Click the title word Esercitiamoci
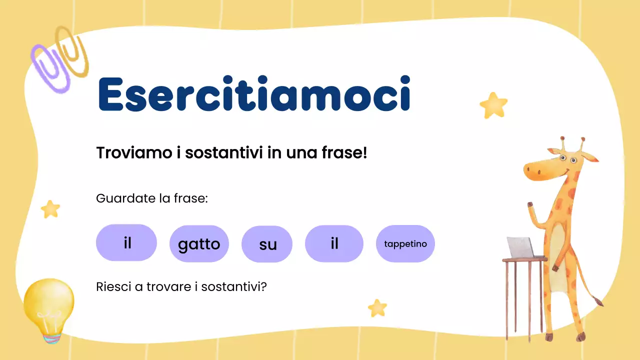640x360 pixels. pyautogui.click(x=254, y=94)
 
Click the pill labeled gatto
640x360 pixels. pyautogui.click(x=199, y=244)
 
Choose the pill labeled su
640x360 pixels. pyautogui.click(x=267, y=244)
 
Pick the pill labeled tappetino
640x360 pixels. pyautogui.click(x=405, y=244)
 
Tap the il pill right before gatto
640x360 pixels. pyautogui.click(x=126, y=243)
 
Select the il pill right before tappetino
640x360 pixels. pyautogui.click(x=334, y=243)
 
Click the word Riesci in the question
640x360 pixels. pyautogui.click(x=110, y=287)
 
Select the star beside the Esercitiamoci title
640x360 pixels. pyautogui.click(x=493, y=104)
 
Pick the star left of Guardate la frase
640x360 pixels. pyautogui.click(x=50, y=208)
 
